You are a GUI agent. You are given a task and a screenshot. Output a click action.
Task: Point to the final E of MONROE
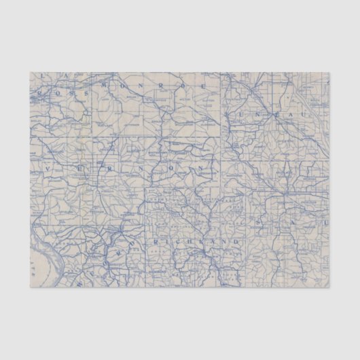click(x=203, y=86)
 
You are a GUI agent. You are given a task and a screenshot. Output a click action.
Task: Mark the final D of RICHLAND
click(x=238, y=241)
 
